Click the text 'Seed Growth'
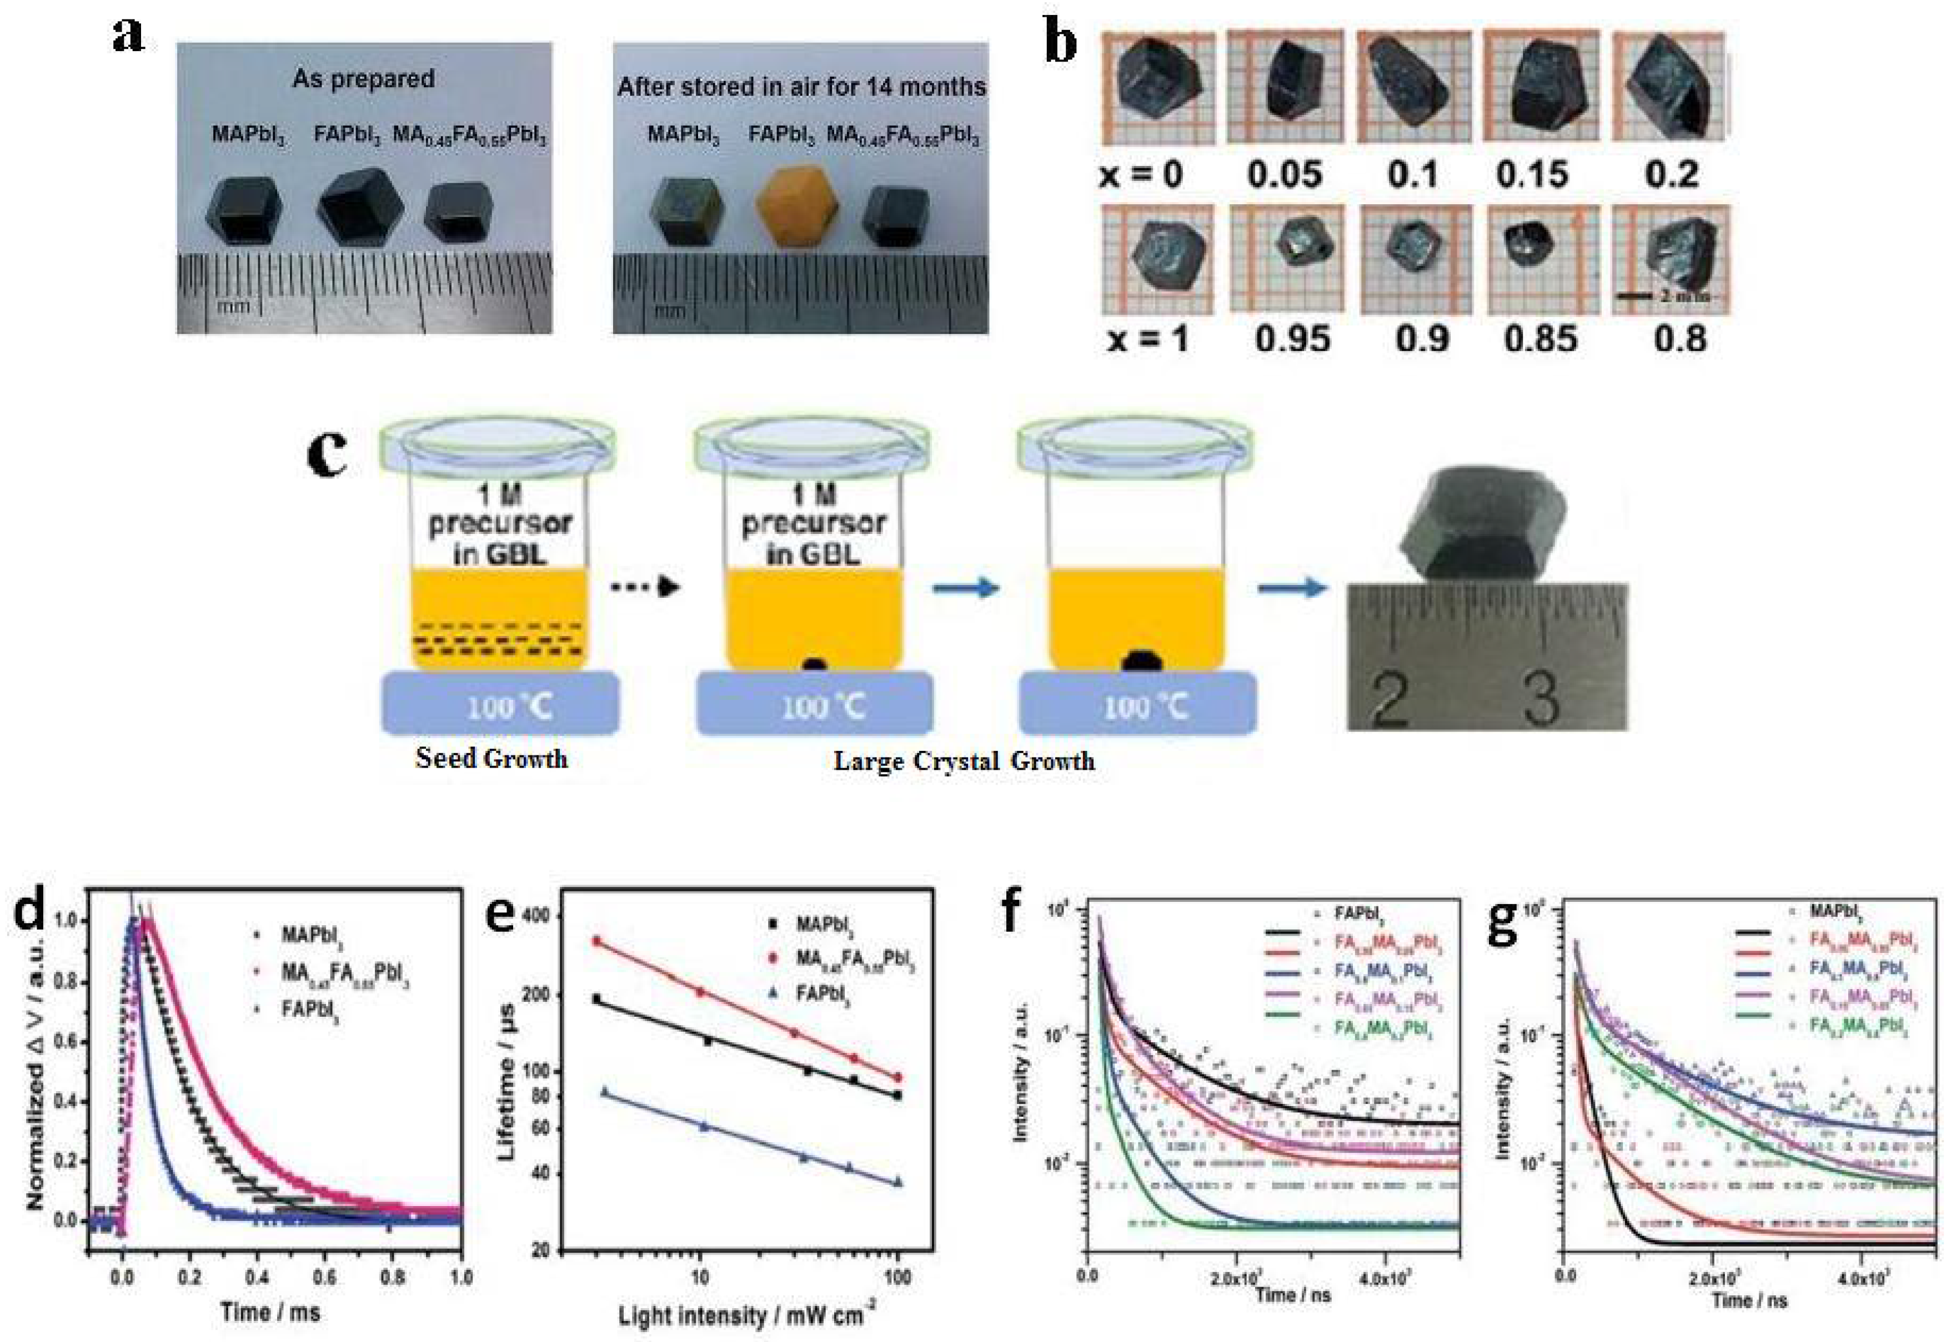click(x=491, y=759)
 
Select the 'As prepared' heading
click(x=363, y=79)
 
